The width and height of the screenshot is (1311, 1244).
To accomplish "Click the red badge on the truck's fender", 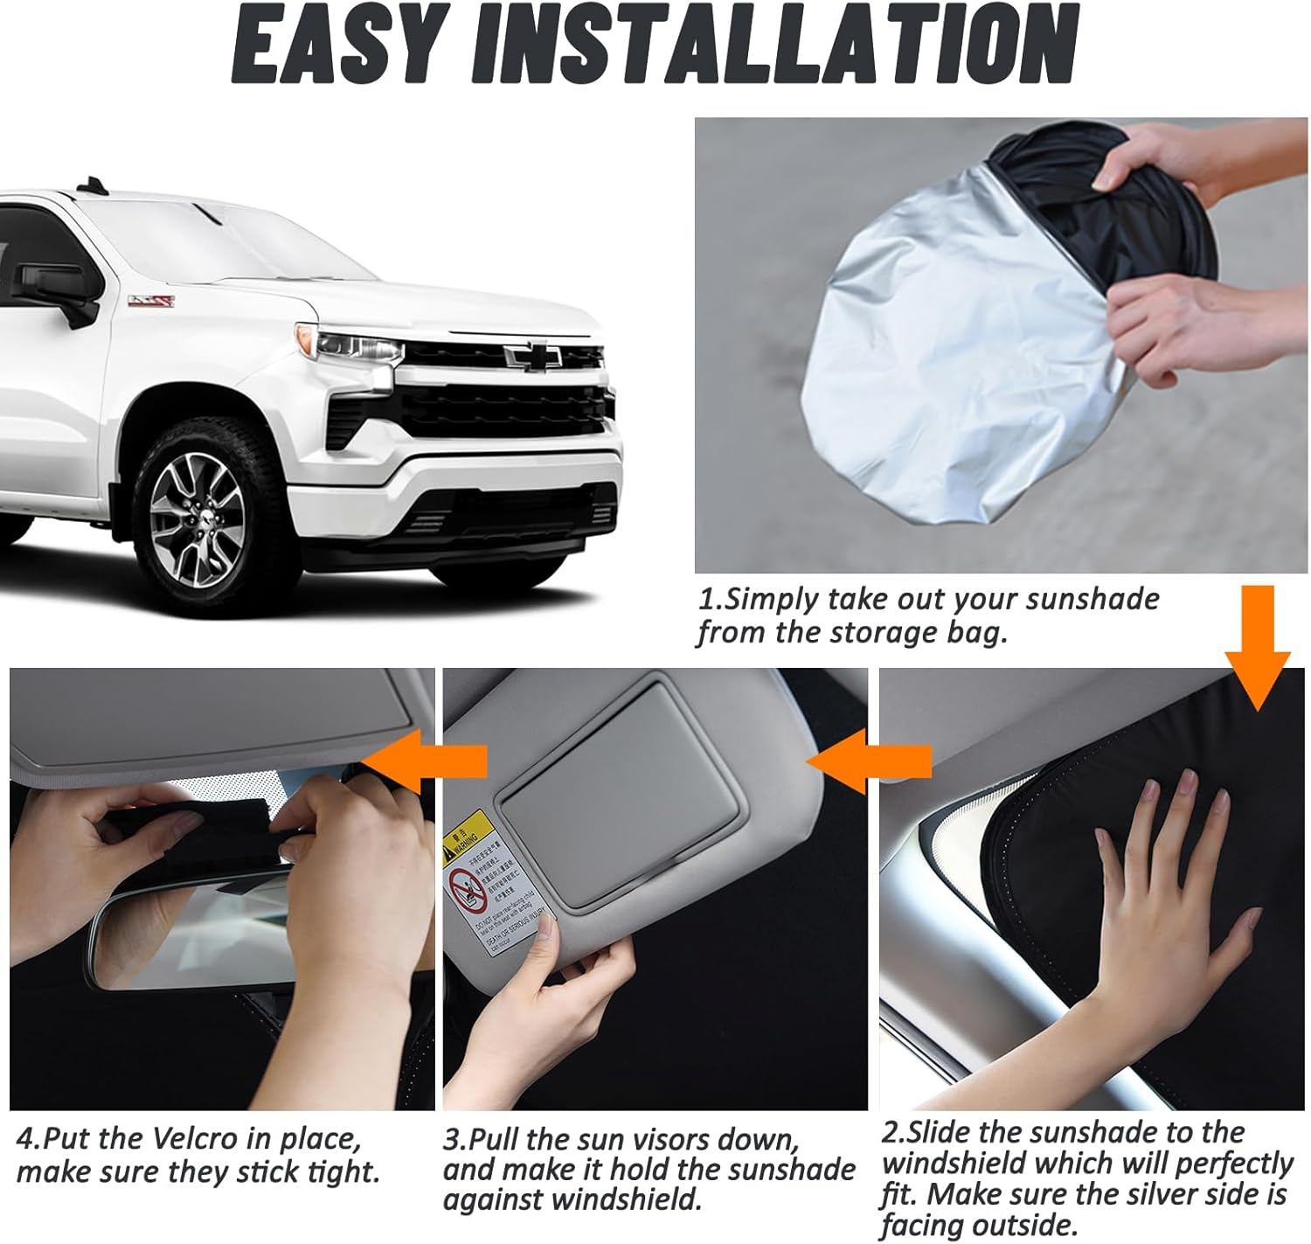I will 151,301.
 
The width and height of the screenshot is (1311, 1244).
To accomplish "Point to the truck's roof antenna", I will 91,184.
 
